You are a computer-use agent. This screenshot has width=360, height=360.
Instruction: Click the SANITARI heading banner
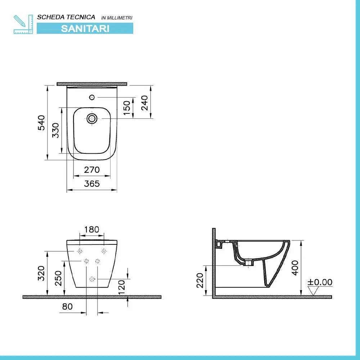85,28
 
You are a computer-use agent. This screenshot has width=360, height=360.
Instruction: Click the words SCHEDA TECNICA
66,17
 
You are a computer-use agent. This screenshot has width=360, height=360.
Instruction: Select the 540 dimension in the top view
41,122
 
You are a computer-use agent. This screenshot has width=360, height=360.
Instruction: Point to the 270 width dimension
92,170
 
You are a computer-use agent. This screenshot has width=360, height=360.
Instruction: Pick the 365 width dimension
92,184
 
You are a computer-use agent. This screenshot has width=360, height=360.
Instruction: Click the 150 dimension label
127,108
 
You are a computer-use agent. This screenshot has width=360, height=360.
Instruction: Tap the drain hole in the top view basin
92,118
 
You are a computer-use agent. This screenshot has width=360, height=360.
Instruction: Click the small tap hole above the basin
91,97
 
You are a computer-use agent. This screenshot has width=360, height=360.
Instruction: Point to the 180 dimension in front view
91,230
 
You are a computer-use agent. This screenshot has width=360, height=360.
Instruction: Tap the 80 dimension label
67,307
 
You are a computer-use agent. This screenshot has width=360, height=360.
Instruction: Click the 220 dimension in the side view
200,280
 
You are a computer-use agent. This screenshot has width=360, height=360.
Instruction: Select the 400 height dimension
295,268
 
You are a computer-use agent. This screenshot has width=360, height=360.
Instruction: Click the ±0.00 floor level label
320,282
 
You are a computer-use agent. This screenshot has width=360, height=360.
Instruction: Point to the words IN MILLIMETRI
117,18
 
